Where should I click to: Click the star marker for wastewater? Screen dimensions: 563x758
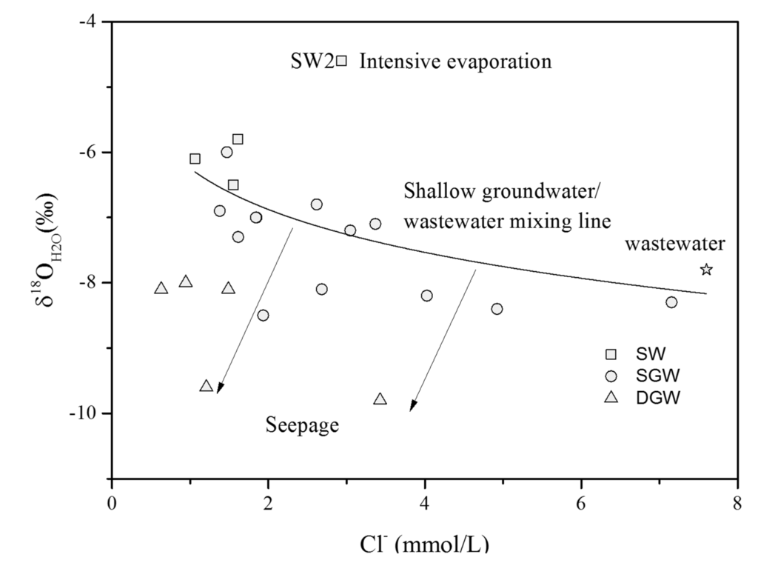706,270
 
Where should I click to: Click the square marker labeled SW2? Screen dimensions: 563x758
341,61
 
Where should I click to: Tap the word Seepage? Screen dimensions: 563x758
302,425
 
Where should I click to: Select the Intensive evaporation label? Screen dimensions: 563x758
455,61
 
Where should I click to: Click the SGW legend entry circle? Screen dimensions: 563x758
611,376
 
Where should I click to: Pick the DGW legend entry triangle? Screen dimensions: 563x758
611,398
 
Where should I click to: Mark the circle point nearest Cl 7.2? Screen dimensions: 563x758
671,302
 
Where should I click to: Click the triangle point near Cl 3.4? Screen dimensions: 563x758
380,399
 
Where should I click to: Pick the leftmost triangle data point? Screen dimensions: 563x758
161,288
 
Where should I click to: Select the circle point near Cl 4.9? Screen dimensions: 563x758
497,309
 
